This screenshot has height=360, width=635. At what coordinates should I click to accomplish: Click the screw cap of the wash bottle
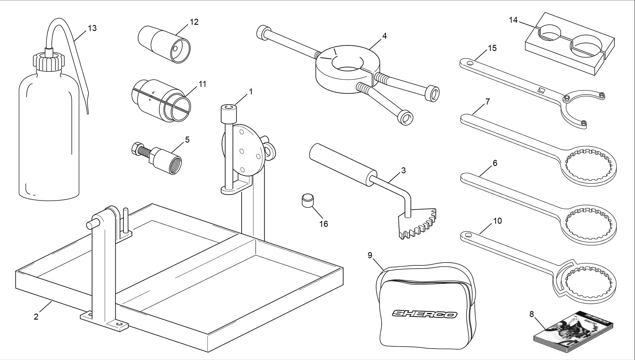pyautogui.click(x=48, y=61)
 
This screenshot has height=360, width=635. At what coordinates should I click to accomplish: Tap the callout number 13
pyautogui.click(x=92, y=28)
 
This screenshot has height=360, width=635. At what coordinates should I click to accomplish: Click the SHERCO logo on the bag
pyautogui.click(x=425, y=314)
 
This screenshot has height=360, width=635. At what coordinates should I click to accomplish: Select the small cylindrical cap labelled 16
pyautogui.click(x=307, y=201)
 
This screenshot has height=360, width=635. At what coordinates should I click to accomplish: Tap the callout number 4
pyautogui.click(x=384, y=36)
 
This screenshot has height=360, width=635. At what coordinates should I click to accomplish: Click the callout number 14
pyautogui.click(x=513, y=20)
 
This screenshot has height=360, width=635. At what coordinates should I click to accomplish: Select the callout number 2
pyautogui.click(x=36, y=317)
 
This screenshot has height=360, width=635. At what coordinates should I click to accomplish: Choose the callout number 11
pyautogui.click(x=203, y=84)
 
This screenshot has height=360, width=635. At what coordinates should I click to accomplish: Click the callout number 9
pyautogui.click(x=370, y=256)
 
